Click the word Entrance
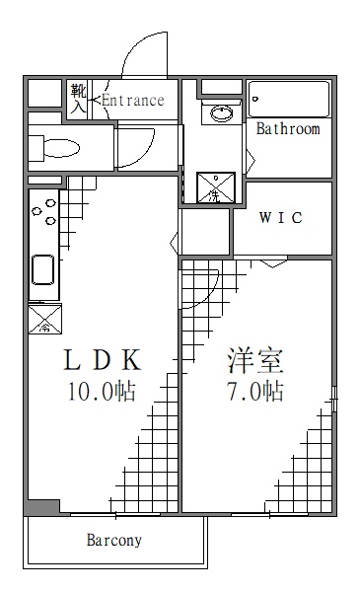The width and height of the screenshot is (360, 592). pos(133,100)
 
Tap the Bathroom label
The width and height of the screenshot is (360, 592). pos(288,128)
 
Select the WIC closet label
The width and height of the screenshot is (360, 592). pos(280,218)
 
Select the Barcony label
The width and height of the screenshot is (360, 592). pos(114,540)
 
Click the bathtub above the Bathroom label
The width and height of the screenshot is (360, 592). pos(288,99)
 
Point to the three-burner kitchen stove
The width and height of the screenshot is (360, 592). pos(43,213)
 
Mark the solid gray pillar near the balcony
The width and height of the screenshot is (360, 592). pos(37,507)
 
